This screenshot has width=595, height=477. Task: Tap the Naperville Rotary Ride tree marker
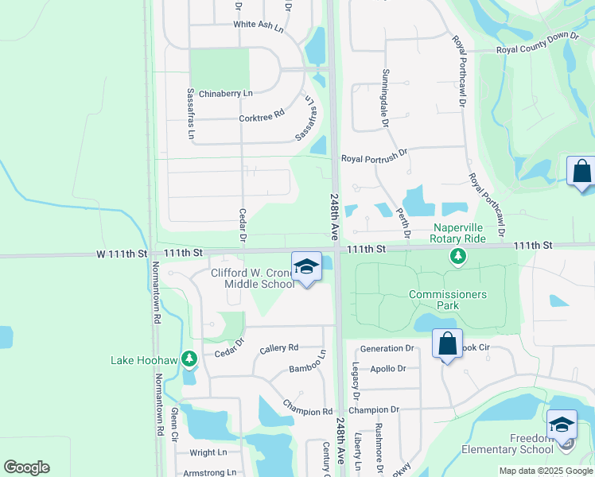click(x=457, y=255)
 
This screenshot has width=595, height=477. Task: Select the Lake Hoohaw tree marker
click(x=189, y=360)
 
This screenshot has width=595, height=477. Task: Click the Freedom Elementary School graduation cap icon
click(x=562, y=423)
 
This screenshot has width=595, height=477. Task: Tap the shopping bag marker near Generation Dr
click(x=448, y=344)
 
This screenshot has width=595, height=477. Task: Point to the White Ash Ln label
click(x=259, y=25)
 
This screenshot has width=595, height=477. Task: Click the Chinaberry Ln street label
click(x=225, y=94)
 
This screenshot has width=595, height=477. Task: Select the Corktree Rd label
click(x=262, y=117)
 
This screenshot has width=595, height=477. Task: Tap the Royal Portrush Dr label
click(x=374, y=159)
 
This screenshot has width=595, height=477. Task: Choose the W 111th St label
click(x=122, y=253)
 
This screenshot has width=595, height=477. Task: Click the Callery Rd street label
click(x=278, y=348)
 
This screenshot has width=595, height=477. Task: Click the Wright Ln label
click(x=208, y=452)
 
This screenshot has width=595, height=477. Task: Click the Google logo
click(x=26, y=467)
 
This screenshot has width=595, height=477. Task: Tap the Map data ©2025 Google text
click(x=546, y=471)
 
